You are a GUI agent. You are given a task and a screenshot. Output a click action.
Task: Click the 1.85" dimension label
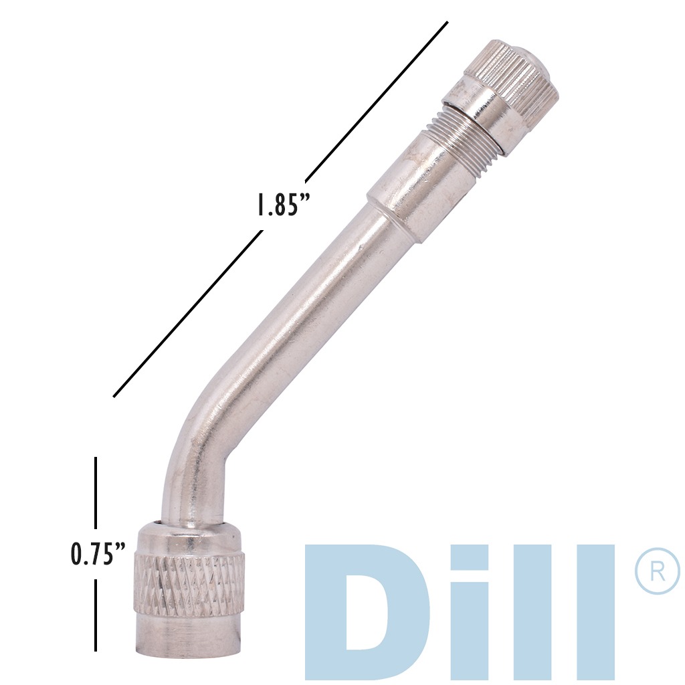point(282,204)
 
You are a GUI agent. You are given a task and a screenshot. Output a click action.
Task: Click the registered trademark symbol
point(656,573)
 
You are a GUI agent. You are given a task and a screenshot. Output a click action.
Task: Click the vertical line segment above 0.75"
point(96,492)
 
